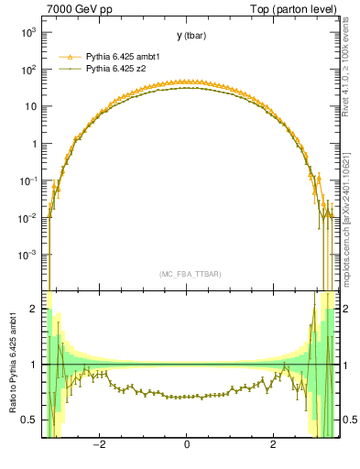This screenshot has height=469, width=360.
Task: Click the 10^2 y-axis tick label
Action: tap(27, 70)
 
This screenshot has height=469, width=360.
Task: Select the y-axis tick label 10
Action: tap(30, 106)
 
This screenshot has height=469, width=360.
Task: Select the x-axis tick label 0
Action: tap(187, 446)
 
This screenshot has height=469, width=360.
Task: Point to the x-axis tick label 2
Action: tap(273, 446)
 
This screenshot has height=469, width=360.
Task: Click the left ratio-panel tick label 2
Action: tap(35, 310)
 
